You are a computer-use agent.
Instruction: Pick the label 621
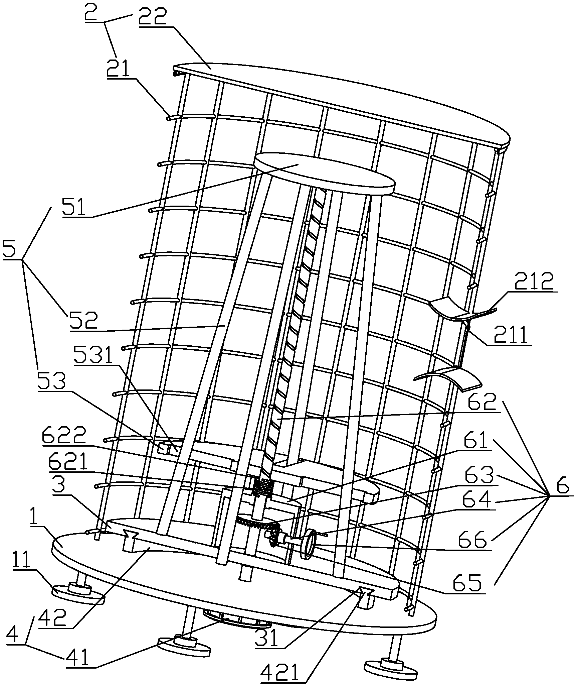tap(68, 463)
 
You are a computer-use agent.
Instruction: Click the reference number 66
tap(476, 539)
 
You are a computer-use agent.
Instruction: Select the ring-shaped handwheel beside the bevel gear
tap(309, 544)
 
